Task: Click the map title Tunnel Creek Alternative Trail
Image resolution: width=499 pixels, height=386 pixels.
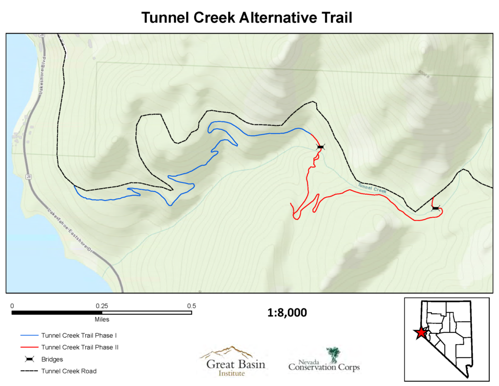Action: point(247,18)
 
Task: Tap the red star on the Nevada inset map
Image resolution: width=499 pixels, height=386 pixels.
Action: point(420,333)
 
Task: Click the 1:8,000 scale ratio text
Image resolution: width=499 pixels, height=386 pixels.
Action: point(287,313)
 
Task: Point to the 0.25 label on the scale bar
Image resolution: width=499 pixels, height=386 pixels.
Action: point(101,306)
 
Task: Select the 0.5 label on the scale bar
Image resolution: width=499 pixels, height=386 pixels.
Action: point(192,306)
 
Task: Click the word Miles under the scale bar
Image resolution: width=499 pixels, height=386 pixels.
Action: point(102,320)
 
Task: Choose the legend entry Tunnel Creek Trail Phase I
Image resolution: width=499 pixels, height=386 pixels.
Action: point(79,336)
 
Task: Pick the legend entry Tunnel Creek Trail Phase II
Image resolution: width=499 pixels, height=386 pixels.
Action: point(80,347)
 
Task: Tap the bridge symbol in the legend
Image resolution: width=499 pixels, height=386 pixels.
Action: point(29,359)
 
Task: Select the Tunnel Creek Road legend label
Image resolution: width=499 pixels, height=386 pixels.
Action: point(69,371)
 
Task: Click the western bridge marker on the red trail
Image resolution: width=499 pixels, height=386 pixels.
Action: point(320,147)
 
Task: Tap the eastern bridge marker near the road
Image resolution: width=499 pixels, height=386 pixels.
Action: point(435,208)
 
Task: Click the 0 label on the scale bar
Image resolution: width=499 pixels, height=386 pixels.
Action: point(12,306)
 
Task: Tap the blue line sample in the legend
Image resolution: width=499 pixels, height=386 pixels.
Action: point(29,336)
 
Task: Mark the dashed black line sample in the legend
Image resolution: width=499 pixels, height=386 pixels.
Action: point(29,371)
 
